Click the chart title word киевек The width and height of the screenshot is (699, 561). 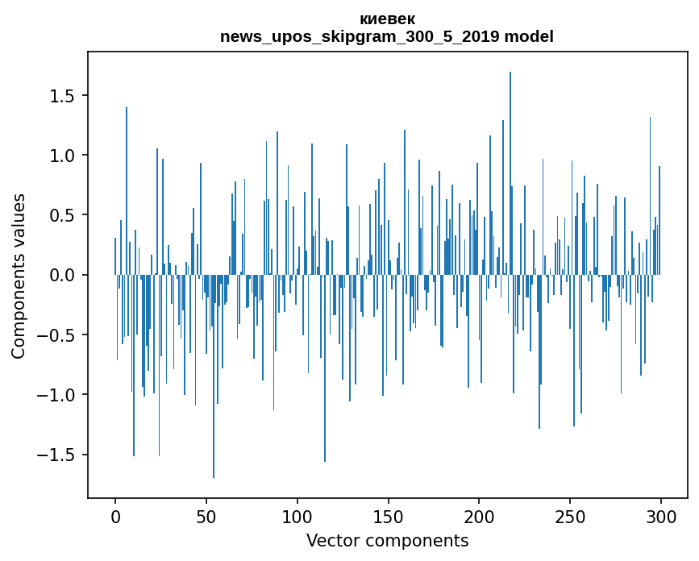[387, 19]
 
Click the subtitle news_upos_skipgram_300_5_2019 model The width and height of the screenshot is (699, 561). [387, 36]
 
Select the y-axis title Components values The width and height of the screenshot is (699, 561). [19, 276]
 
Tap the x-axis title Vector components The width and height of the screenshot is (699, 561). [387, 540]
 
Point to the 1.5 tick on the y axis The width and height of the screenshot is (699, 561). [63, 96]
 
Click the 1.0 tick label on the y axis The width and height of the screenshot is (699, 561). [63, 156]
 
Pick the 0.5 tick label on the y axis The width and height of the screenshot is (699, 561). [63, 215]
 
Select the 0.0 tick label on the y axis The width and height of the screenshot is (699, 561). [63, 275]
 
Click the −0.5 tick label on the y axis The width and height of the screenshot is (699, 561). [57, 335]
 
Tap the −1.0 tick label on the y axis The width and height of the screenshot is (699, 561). [57, 395]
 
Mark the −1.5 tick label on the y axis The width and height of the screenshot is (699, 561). [57, 455]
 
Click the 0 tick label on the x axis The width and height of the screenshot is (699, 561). [115, 516]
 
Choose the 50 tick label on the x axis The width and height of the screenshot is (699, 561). [206, 516]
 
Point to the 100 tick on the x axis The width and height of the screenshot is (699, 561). [297, 516]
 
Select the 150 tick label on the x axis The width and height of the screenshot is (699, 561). [389, 516]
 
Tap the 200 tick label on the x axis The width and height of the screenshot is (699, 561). [480, 516]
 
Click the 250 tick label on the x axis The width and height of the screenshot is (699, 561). [571, 516]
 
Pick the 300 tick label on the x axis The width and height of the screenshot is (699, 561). [661, 516]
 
